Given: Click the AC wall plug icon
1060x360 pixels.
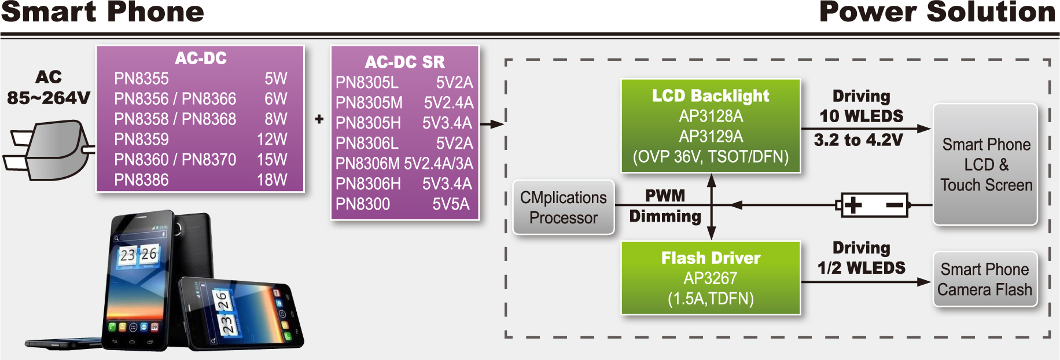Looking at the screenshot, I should pyautogui.click(x=49, y=150).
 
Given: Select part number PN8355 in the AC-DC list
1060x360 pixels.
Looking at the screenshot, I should pyautogui.click(x=141, y=79).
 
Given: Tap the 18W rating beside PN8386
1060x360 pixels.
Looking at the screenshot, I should pyautogui.click(x=271, y=180).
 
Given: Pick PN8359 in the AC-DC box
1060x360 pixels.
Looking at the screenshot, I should pyautogui.click(x=141, y=139).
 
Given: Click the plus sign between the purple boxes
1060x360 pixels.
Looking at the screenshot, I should pyautogui.click(x=319, y=119).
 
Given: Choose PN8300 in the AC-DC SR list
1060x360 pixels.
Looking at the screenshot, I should pyautogui.click(x=363, y=204).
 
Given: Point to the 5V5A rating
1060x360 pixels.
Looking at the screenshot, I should pyautogui.click(x=451, y=204).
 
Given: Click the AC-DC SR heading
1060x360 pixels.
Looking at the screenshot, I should pyautogui.click(x=404, y=62).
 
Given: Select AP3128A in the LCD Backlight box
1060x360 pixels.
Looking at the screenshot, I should pyautogui.click(x=711, y=116).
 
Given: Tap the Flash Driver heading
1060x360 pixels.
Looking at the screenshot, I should pyautogui.click(x=711, y=258).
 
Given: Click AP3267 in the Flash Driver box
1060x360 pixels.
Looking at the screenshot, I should pyautogui.click(x=711, y=278).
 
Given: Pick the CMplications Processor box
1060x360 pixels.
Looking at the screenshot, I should pyautogui.click(x=563, y=207).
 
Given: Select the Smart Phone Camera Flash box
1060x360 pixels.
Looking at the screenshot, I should pyautogui.click(x=984, y=280).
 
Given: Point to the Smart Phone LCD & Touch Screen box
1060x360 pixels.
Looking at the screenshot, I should pyautogui.click(x=985, y=164).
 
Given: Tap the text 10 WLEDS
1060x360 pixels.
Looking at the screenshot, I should pyautogui.click(x=861, y=116).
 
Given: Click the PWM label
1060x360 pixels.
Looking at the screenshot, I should pyautogui.click(x=665, y=196).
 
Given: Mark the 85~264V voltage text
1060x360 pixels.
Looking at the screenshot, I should pyautogui.click(x=49, y=98).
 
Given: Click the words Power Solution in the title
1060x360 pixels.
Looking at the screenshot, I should pyautogui.click(x=937, y=13).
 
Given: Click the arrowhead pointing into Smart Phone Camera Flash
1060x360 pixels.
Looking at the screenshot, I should pyautogui.click(x=924, y=282).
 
